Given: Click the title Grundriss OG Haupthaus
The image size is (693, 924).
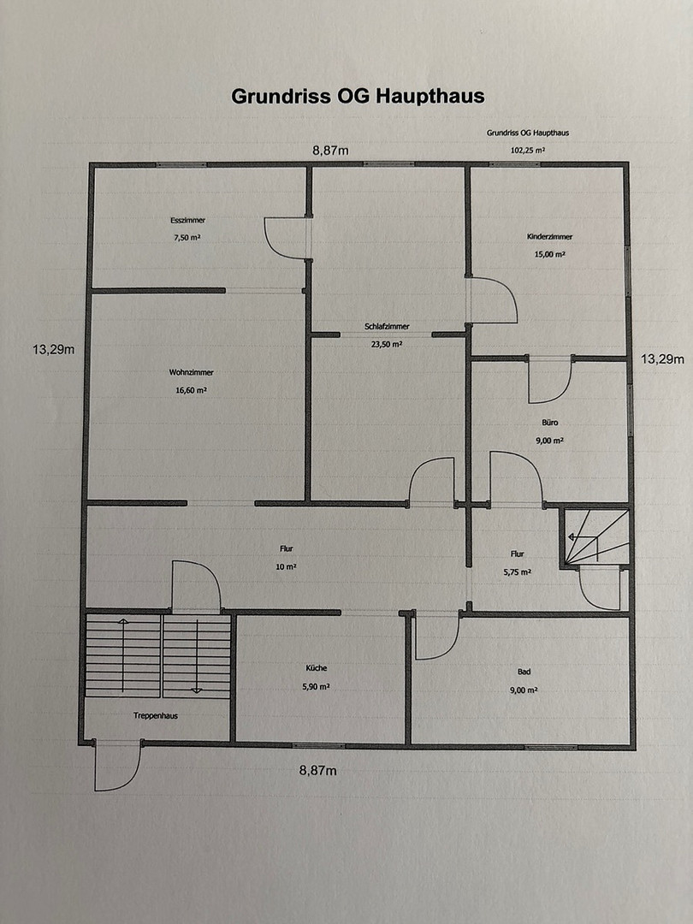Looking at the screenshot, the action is tap(358, 96).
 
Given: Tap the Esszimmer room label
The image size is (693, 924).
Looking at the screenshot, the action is tap(188, 221).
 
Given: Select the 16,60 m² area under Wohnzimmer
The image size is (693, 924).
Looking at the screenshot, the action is tap(191, 390).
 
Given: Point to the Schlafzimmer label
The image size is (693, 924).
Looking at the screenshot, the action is tap(387, 327).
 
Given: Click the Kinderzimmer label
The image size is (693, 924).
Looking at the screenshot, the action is tap(550, 237).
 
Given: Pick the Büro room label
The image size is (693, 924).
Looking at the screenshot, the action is tap(550, 423).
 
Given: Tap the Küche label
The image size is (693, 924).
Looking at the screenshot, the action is tap(316, 668).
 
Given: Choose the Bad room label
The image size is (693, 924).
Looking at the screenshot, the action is tap(524, 672).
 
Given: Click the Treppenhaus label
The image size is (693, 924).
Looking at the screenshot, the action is tap(156, 716).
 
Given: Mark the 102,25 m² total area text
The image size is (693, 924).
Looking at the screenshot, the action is tap(527, 151).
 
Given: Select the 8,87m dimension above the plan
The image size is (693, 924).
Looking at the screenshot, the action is tap(330, 151).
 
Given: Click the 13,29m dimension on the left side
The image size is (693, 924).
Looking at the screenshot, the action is tap(54, 349).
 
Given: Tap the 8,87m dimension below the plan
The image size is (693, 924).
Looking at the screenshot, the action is tap(318, 770).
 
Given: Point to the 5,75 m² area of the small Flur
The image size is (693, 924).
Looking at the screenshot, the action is tap(518, 572).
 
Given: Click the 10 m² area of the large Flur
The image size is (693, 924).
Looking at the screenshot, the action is tap(287, 567).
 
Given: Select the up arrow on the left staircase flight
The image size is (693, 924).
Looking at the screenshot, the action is tap(122, 655).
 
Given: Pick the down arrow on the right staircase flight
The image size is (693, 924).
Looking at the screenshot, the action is tap(197, 655).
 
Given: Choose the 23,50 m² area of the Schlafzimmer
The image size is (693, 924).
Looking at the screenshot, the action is tap(387, 344).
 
